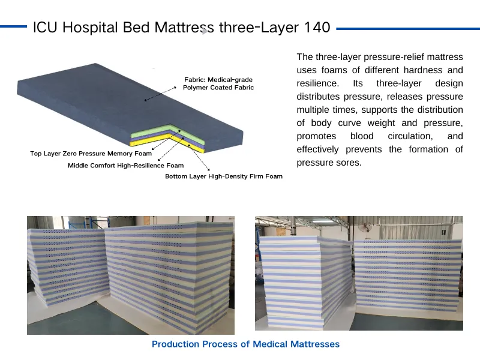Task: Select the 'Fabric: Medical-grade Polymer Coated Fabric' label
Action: click(218, 83)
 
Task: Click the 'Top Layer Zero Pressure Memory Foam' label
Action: click(91, 154)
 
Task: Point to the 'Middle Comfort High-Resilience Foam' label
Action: click(126, 166)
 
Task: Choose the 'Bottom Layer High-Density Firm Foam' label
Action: click(224, 176)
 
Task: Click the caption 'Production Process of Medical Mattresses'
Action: click(245, 344)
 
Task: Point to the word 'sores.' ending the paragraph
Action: click(349, 163)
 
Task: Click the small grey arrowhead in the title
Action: click(205, 31)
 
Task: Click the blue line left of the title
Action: click(13, 26)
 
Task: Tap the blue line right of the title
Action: click(408, 28)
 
